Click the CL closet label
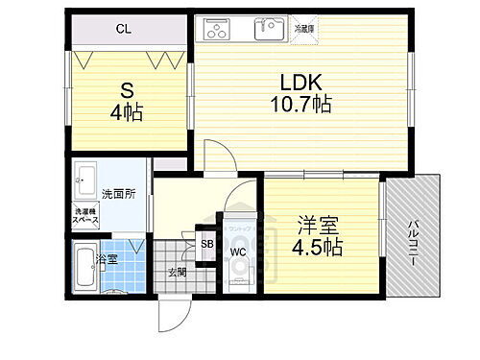click(123, 30)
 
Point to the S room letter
click(126, 91)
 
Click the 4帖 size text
click(126, 114)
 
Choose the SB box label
click(206, 244)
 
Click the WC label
click(238, 252)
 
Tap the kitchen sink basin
click(269, 30)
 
